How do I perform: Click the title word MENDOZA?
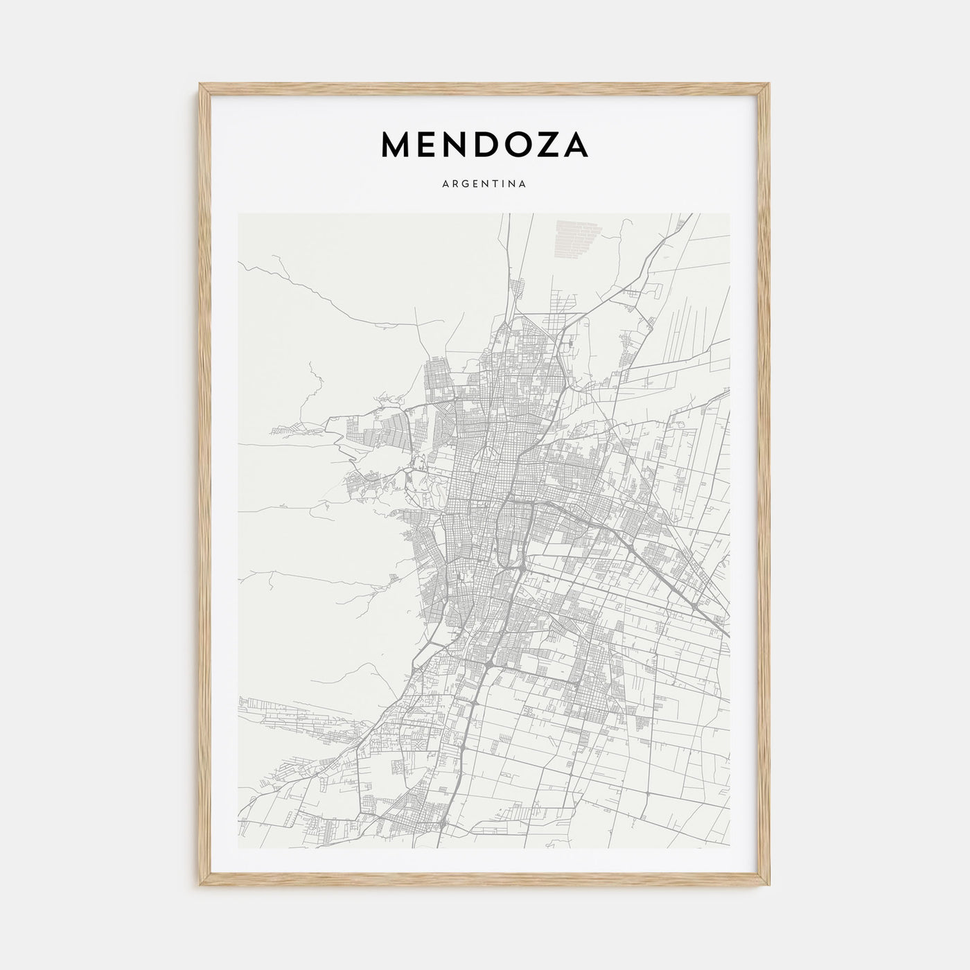click(484, 144)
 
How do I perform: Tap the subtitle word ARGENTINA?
click(484, 184)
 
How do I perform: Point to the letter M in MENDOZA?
click(397, 144)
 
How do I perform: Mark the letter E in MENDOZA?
click(426, 144)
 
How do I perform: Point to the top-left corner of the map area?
click(238, 214)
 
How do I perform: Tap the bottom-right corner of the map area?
click(730, 848)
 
